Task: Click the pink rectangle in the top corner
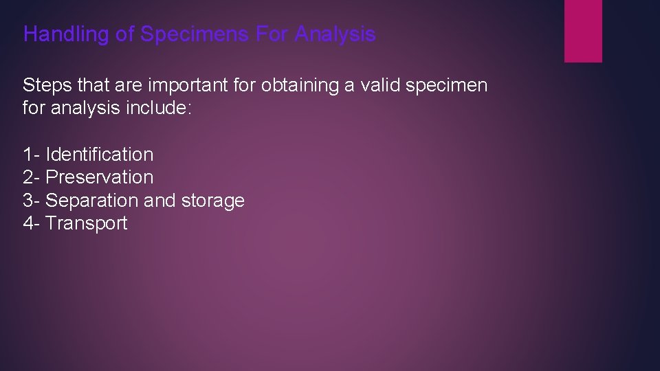pos(583,30)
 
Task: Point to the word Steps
pos(46,86)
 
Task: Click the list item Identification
pos(99,155)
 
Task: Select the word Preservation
pos(99,177)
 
